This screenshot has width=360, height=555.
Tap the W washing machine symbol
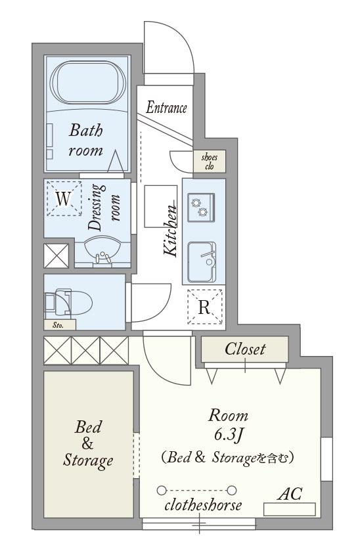click(64, 198)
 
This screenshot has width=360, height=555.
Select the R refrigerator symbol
click(204, 307)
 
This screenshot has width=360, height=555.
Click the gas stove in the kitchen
click(201, 208)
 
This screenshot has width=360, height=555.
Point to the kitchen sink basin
click(202, 262)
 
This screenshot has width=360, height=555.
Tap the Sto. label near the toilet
click(58, 325)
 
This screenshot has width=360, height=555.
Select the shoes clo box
click(209, 162)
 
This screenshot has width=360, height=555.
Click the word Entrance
click(166, 108)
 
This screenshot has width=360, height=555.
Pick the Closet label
click(245, 349)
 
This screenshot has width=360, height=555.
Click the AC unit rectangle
click(290, 509)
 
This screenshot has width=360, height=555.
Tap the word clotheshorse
click(203, 505)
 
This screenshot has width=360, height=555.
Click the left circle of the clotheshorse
click(162, 490)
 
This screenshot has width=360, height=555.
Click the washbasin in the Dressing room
click(102, 252)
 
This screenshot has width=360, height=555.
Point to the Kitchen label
click(170, 229)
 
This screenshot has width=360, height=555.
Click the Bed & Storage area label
click(88, 444)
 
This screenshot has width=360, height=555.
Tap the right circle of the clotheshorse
click(232, 490)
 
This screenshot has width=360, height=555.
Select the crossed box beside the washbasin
click(56, 255)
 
